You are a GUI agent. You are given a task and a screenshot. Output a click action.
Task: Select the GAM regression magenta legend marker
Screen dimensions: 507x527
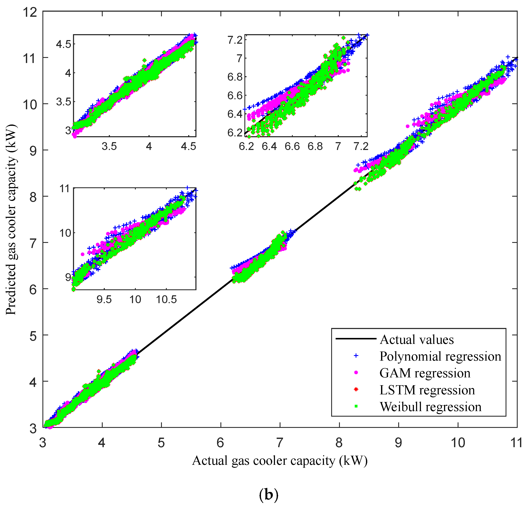click(356, 373)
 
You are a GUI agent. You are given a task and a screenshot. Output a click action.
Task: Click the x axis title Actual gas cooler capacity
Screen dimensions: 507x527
click(280, 461)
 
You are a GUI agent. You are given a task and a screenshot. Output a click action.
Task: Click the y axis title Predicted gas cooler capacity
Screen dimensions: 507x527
click(11, 219)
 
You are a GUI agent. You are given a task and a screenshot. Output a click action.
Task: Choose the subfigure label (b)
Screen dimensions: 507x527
click(268, 494)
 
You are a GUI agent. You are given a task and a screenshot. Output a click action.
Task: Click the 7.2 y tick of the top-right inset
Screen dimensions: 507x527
click(235, 40)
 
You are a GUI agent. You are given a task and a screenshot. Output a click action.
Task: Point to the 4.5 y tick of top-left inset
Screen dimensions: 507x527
click(64, 44)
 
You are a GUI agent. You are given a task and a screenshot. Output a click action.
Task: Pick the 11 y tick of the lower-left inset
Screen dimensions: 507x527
click(65, 189)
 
